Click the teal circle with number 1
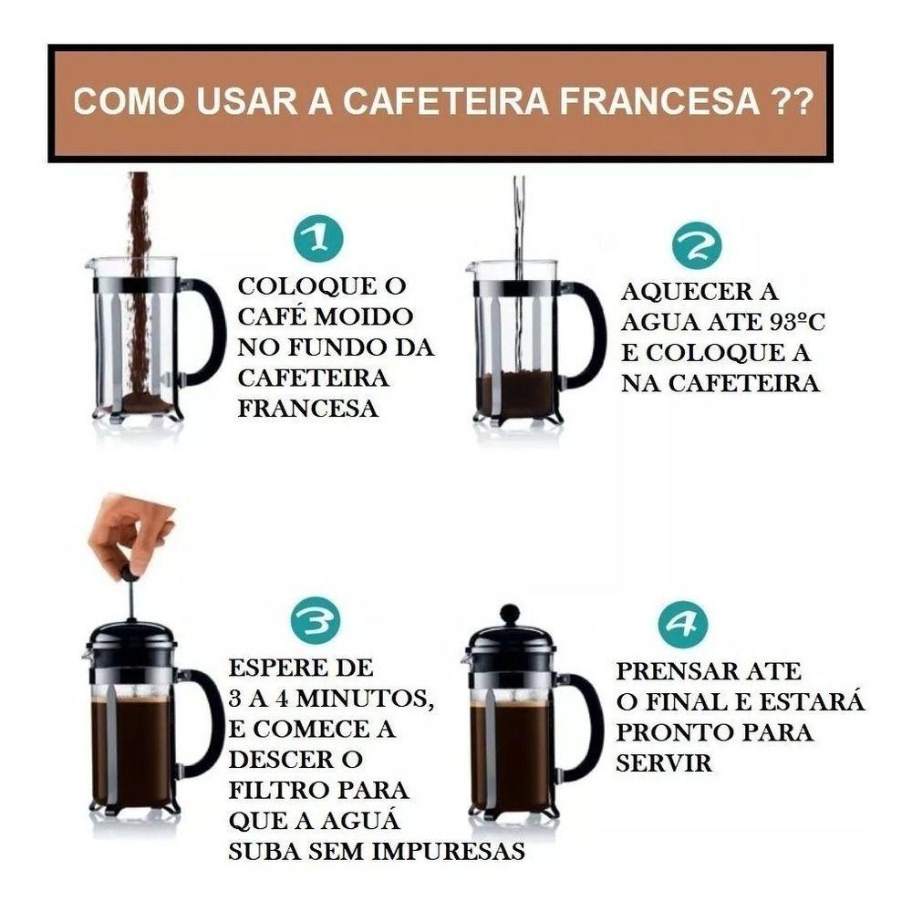[318, 238]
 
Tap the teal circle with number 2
[697, 245]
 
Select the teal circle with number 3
[316, 620]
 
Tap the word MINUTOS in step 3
[365, 698]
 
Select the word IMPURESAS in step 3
[449, 852]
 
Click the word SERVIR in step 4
[664, 763]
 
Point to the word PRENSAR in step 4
[677, 671]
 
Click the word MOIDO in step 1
[364, 316]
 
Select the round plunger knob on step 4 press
[510, 614]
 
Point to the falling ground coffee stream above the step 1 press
[139, 279]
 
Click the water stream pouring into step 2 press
[519, 267]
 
